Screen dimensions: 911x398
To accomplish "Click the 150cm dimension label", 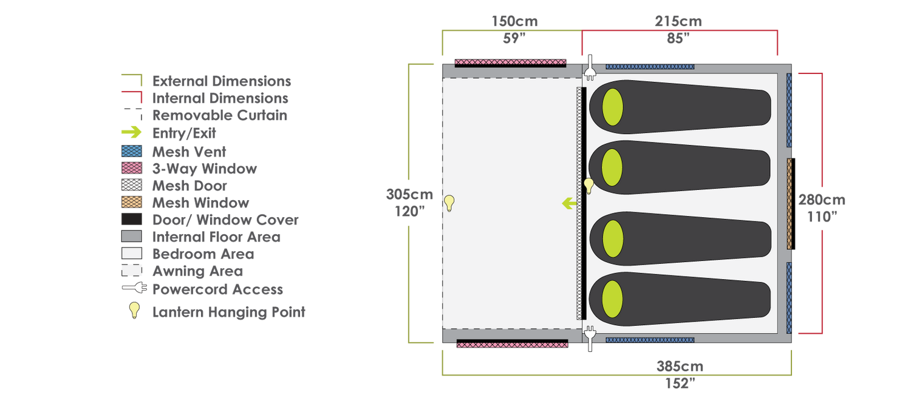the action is [x=514, y=21].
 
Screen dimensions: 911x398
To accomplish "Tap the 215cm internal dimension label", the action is [x=678, y=21].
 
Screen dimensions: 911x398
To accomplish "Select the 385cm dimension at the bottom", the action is [x=680, y=366].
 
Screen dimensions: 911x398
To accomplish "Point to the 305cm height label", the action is [x=409, y=194].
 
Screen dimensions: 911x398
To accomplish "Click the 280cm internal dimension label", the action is [x=822, y=200].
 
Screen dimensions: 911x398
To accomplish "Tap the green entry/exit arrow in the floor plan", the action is [x=570, y=203].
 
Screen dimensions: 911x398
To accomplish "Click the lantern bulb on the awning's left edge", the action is [x=449, y=203].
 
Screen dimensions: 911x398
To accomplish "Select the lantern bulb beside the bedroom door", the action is [x=589, y=186].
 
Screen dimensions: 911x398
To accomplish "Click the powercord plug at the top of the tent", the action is [x=590, y=68].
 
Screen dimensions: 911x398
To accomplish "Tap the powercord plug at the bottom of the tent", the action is [x=590, y=339].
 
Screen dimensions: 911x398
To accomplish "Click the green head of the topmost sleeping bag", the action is [x=612, y=107].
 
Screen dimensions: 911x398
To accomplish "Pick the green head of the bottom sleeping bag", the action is [x=612, y=299].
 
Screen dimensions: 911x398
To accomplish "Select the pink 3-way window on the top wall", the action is [x=510, y=62].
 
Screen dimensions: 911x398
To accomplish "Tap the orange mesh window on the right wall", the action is [x=790, y=203].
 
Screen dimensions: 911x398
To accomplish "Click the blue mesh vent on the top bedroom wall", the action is [x=650, y=67].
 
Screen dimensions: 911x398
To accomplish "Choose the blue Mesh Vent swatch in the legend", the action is [x=132, y=151].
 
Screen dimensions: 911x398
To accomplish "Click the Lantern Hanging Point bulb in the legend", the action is [x=134, y=310].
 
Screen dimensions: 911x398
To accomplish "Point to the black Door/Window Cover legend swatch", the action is [x=132, y=219].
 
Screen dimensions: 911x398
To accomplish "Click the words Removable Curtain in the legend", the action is [x=220, y=115].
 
